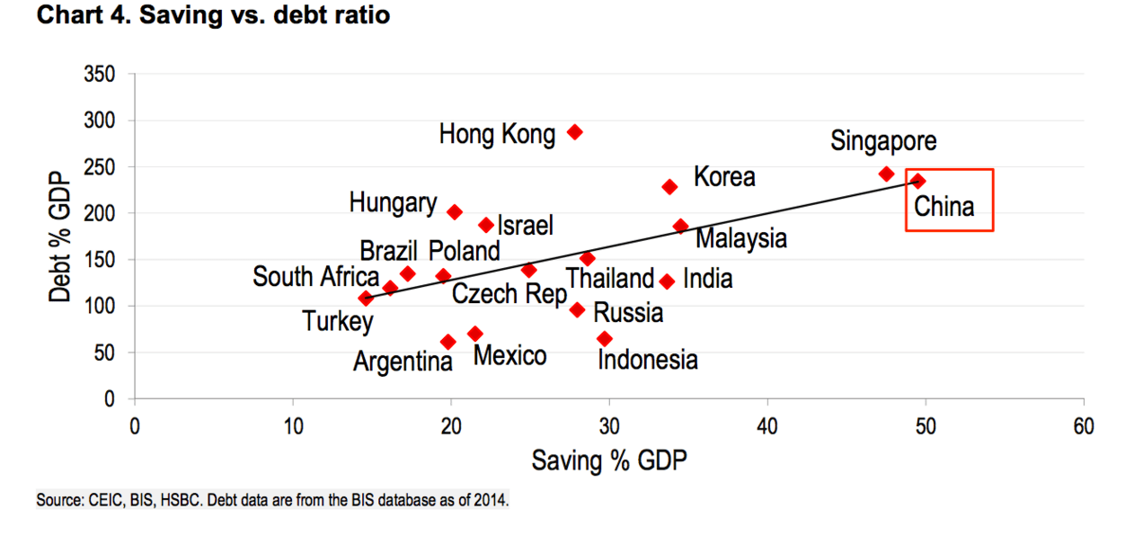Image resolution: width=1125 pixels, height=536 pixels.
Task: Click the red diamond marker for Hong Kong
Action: pos(575,132)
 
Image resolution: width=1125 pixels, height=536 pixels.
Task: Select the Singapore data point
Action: pos(887,174)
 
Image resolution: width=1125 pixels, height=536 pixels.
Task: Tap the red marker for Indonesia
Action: pos(605,339)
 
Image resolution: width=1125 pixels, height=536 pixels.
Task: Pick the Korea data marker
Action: pos(669,187)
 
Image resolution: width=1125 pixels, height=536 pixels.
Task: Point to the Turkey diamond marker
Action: pos(366,299)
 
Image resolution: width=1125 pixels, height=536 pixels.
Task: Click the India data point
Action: pos(667,281)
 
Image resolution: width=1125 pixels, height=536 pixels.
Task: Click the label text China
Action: pos(944,207)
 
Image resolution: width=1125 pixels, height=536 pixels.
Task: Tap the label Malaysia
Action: pos(741,238)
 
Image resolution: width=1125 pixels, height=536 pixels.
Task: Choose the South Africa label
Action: pos(315,277)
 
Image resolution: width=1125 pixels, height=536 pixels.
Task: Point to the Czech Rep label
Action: pos(509,294)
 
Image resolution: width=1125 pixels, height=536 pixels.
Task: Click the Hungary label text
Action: pos(393,203)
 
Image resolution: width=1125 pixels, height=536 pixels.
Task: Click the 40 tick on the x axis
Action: pos(767,425)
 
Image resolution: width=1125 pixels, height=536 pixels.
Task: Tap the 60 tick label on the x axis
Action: pos(1084,425)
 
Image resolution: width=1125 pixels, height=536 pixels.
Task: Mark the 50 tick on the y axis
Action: pos(104,353)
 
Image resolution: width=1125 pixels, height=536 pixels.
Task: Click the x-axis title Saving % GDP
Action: pos(609,461)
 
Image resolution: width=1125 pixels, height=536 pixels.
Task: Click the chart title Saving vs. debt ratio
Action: pos(213,16)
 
